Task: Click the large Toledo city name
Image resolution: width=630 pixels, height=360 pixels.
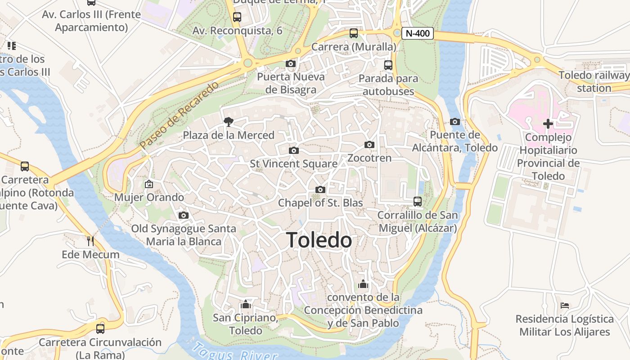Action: [319, 240]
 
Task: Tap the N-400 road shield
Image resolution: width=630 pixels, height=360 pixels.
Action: [417, 33]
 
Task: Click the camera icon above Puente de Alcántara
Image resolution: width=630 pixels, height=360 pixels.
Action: [455, 121]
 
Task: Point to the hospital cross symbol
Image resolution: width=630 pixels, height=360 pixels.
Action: [548, 124]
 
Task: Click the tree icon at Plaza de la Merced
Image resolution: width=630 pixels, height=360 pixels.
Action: [229, 121]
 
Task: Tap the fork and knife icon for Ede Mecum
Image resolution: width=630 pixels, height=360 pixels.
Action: [90, 241]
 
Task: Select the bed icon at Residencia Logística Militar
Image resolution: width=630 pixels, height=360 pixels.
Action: [565, 306]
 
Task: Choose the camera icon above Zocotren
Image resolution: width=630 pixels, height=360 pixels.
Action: [369, 144]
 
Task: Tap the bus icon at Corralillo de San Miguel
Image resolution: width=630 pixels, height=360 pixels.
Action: [418, 201]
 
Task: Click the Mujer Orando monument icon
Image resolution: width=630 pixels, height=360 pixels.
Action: [149, 184]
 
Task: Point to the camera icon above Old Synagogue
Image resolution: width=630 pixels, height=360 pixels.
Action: [183, 216]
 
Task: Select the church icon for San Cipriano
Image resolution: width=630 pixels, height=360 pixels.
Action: [245, 304]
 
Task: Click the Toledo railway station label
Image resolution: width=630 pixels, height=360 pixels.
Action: [594, 81]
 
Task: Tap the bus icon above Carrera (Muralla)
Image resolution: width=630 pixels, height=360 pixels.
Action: [354, 33]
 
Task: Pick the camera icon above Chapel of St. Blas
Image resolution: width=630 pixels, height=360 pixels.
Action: [320, 189]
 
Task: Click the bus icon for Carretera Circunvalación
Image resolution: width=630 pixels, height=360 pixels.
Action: [100, 328]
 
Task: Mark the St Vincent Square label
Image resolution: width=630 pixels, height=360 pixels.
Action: [293, 164]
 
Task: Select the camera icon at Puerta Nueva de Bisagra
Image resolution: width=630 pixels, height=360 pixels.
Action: [291, 63]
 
